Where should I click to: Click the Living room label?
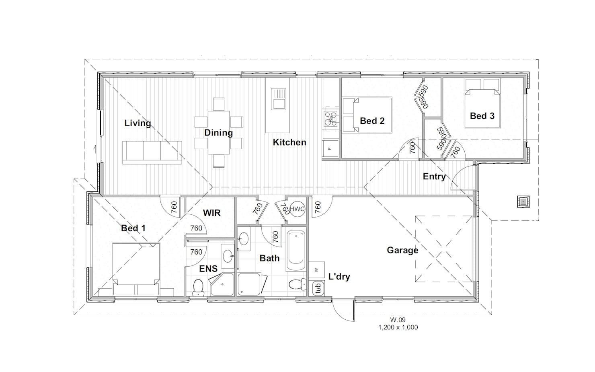point(137,123)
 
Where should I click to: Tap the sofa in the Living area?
point(152,152)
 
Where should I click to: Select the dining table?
point(219,133)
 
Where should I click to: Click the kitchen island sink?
point(278,99)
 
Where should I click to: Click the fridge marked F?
point(330,148)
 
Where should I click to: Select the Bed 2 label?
point(372,121)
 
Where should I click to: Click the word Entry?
point(434,177)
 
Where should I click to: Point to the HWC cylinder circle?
point(297,209)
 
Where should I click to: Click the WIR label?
point(212,213)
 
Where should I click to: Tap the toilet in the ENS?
point(198,288)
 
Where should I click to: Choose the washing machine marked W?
point(316,270)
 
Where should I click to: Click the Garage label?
point(402,250)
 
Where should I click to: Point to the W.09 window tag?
point(398,320)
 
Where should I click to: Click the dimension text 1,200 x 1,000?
point(398,327)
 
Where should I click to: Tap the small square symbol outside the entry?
point(523,202)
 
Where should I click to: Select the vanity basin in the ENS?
point(228,256)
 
